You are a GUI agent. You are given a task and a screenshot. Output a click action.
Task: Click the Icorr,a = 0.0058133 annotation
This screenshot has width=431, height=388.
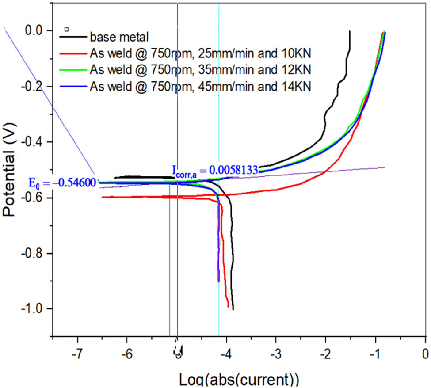(214, 170)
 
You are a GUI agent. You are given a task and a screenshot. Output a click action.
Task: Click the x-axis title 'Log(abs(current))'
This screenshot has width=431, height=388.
(239, 380)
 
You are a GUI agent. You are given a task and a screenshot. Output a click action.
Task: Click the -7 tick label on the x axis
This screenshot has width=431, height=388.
(77, 354)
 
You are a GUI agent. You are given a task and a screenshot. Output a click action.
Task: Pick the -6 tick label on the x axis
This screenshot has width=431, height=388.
(127, 354)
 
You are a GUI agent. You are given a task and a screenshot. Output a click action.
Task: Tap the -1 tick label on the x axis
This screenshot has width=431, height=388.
(375, 354)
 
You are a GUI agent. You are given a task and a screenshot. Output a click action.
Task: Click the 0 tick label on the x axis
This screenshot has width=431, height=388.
(425, 354)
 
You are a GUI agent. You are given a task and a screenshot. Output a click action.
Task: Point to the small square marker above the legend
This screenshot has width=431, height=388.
(66, 29)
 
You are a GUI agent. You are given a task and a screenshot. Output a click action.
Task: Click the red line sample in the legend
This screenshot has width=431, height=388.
(73, 53)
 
